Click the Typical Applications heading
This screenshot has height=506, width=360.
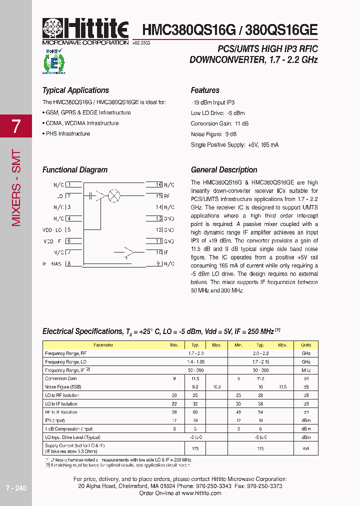point(75,90)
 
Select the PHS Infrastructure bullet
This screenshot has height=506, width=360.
point(67,134)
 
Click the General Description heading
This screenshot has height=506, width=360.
point(224,170)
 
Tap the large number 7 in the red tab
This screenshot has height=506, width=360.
point(16,126)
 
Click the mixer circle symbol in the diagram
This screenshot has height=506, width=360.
point(114,196)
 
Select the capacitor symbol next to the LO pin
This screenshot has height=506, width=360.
point(90,196)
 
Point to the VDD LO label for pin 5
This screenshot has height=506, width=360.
point(52,230)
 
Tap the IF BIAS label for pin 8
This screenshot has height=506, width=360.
point(52,263)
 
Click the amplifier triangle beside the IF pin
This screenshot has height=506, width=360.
point(128,252)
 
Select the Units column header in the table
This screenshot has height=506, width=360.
point(306,345)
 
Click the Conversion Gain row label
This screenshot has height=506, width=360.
point(61,378)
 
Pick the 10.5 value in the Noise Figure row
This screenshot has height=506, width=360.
point(216,387)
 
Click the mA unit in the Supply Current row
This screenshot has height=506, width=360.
point(306,449)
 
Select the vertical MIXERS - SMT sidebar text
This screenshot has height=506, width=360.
point(16,187)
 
